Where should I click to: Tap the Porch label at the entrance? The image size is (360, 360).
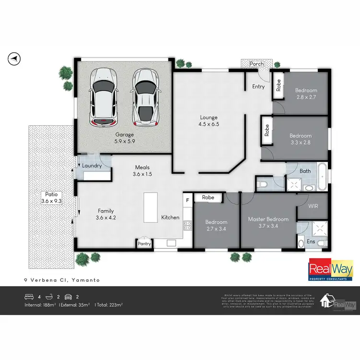257,63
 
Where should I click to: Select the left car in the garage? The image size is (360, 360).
104,96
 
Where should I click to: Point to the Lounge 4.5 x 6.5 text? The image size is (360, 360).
209,120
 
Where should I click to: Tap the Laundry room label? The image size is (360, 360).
92,166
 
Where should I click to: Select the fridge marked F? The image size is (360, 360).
188,199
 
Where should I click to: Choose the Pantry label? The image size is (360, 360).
144,244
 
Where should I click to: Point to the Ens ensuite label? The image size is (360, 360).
311,241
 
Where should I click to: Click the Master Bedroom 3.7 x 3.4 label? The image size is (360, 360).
268,223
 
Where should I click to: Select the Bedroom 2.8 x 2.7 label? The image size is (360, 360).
306,94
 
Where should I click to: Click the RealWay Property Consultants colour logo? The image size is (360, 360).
327,271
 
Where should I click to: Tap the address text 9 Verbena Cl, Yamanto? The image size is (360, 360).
62,280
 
